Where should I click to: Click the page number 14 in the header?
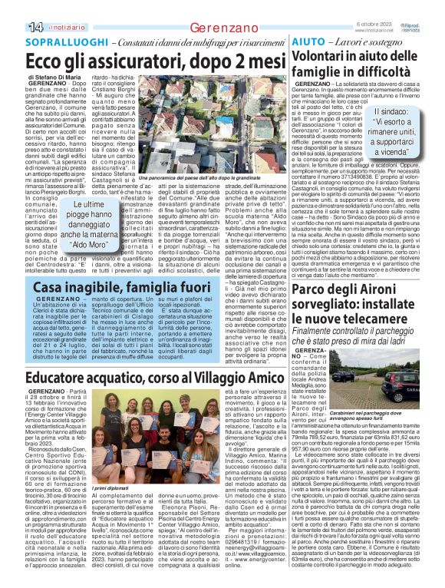point(15,28)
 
